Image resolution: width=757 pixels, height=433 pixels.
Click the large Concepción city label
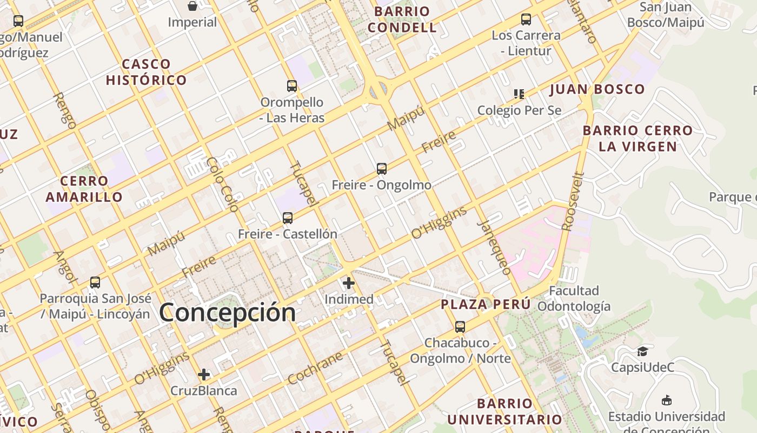[228, 313]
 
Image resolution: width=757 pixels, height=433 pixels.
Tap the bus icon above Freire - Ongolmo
[382, 169]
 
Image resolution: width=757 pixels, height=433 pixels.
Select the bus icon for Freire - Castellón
[288, 218]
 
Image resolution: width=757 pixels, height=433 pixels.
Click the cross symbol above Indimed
[349, 283]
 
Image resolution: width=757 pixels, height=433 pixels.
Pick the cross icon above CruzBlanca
[204, 375]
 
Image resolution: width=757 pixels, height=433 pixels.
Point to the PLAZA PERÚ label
[486, 304]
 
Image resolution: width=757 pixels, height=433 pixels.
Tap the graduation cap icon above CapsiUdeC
[642, 352]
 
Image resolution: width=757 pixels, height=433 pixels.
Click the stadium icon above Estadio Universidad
[667, 401]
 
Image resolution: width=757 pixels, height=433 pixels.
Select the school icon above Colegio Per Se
[519, 94]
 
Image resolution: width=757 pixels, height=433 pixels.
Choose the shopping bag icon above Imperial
[192, 6]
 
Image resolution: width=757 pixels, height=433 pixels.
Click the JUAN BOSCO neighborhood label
[597, 89]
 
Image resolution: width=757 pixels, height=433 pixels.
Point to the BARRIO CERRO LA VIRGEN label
[638, 139]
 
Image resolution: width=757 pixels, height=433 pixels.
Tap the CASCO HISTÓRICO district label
[146, 72]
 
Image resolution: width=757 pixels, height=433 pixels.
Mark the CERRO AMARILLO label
[84, 189]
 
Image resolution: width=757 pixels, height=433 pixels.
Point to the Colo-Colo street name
[222, 184]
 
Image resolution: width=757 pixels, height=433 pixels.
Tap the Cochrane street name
[315, 368]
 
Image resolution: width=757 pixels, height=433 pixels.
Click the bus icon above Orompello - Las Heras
[292, 86]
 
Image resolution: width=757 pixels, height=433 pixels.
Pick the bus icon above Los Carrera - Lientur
[526, 19]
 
